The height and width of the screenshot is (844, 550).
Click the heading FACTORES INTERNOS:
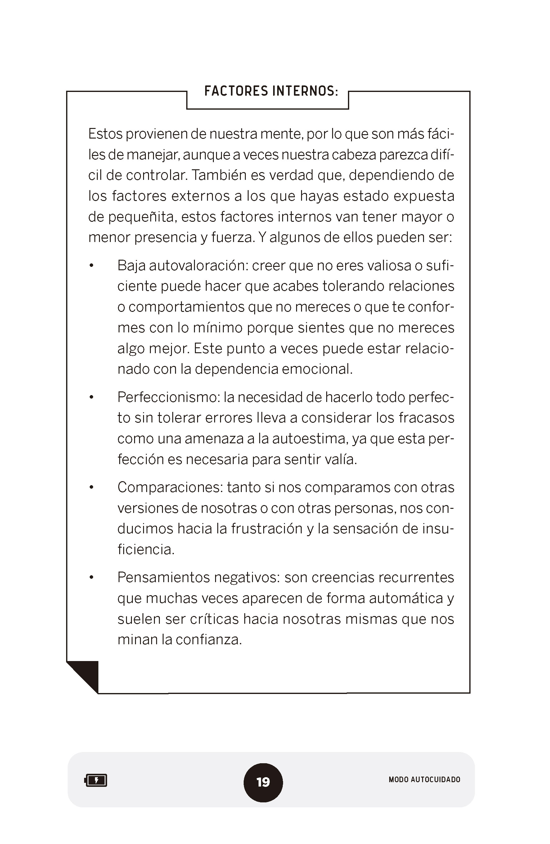click(271, 91)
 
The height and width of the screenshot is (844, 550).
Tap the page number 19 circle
click(263, 782)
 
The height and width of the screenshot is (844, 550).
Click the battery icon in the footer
click(96, 781)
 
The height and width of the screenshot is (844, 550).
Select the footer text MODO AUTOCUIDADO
click(424, 779)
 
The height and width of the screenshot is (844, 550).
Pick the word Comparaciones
click(170, 488)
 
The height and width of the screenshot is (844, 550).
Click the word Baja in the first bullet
click(131, 266)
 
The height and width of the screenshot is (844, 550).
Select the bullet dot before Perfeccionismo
click(92, 398)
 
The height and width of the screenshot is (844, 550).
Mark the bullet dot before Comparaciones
click(92, 488)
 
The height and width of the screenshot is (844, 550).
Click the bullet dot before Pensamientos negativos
click(92, 578)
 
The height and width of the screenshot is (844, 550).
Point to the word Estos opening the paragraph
click(105, 134)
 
